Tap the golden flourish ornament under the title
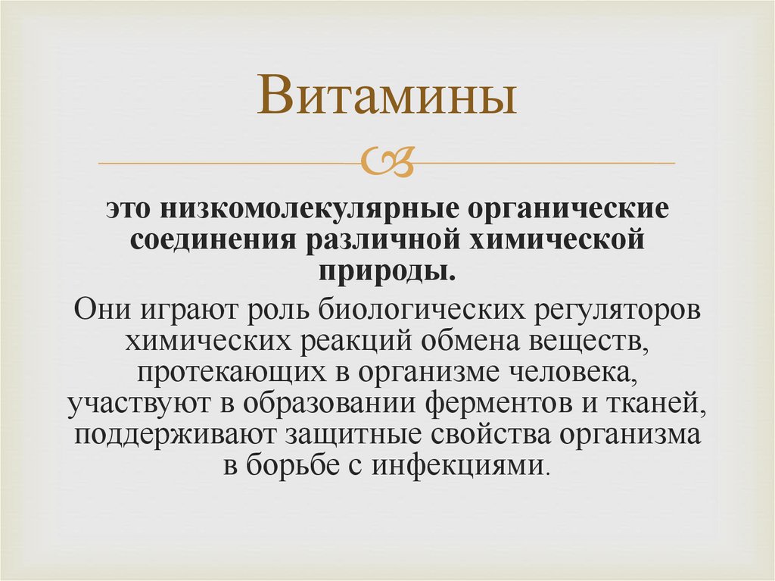[x=387, y=161]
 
